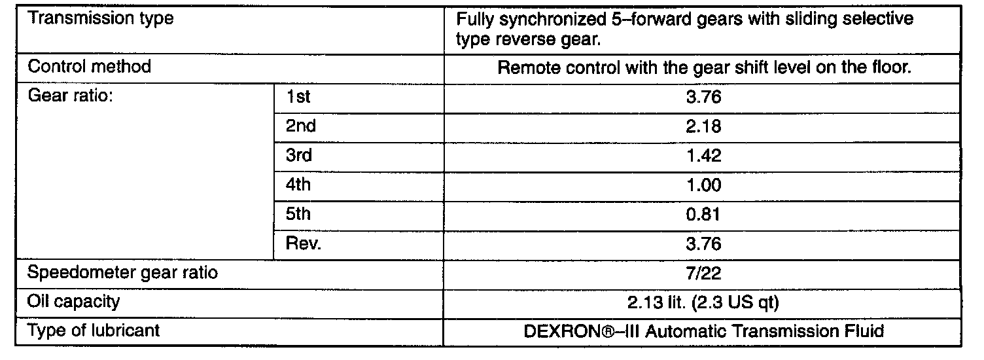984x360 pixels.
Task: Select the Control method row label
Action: (90, 66)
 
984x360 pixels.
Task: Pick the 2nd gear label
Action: (300, 126)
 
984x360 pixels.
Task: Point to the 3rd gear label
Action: (299, 156)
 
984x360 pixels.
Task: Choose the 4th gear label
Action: (298, 185)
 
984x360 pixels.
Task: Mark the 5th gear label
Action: (298, 215)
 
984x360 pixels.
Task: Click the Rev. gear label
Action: (304, 244)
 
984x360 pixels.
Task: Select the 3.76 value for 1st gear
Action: (703, 97)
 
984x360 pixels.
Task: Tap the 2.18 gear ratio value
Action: (703, 126)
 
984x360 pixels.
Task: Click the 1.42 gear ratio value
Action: (703, 156)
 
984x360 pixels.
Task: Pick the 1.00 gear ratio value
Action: (703, 185)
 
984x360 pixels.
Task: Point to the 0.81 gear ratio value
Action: (703, 215)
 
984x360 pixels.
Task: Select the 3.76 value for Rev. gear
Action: (703, 244)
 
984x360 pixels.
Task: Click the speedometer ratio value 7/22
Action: (703, 273)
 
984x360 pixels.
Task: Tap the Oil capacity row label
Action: (74, 302)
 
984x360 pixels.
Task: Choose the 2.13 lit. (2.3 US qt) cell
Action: (703, 302)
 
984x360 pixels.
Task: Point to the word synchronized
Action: (555, 19)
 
